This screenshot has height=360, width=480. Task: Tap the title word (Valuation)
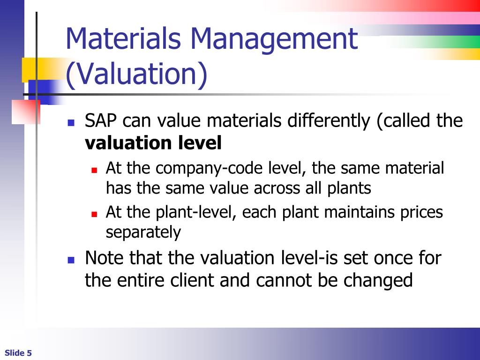point(136,75)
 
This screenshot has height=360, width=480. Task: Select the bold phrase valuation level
point(153,143)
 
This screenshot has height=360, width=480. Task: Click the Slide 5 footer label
point(18,353)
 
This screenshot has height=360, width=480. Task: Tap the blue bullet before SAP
point(71,123)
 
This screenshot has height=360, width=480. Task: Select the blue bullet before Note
point(71,260)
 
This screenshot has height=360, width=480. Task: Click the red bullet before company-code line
point(94,170)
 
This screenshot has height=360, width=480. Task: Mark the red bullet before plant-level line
point(94,214)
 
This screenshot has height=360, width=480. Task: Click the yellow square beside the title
point(29,70)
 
